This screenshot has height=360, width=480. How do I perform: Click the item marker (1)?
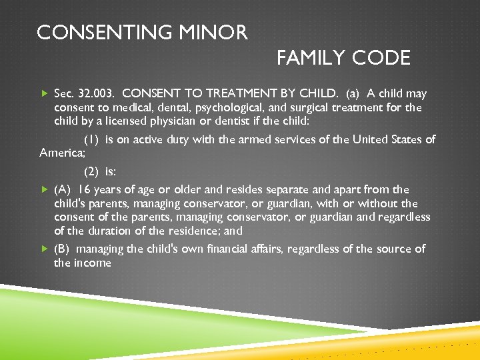(x=92, y=139)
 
